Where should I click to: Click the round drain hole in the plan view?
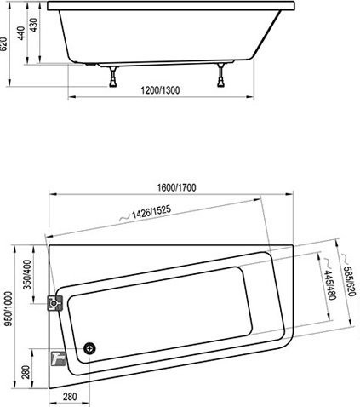tap(90, 347)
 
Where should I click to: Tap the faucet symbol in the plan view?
tap(58, 358)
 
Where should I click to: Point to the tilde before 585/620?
tap(340, 256)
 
